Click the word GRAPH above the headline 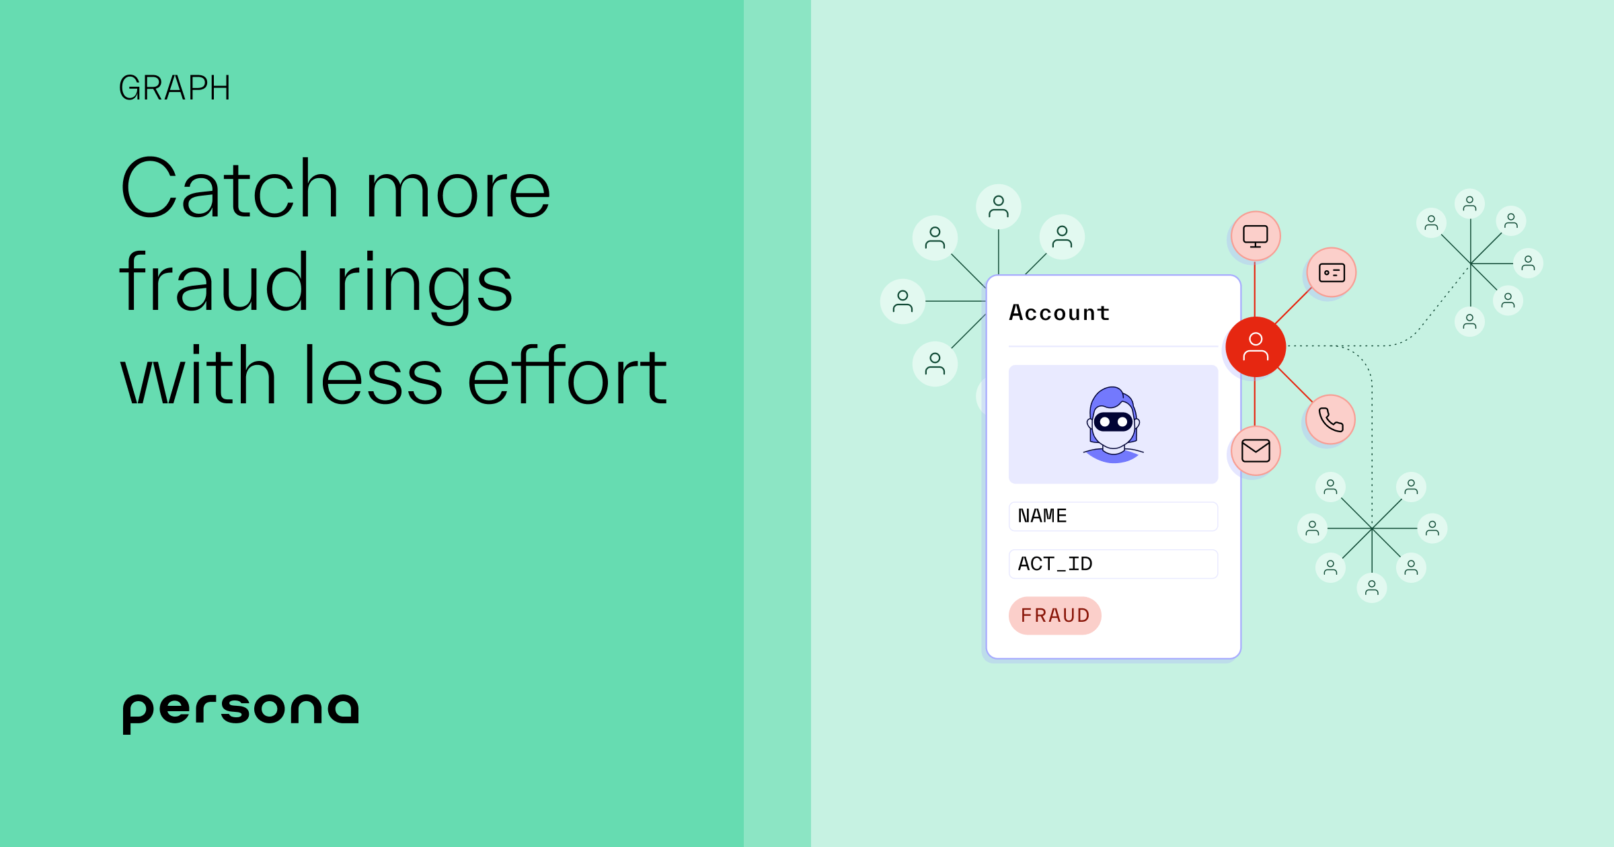pyautogui.click(x=174, y=88)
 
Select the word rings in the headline pyautogui.click(x=424, y=284)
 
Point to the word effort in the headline pyautogui.click(x=567, y=376)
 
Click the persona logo pyautogui.click(x=240, y=711)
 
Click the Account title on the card pyautogui.click(x=1059, y=313)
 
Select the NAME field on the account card pyautogui.click(x=1113, y=516)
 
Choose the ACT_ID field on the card pyautogui.click(x=1113, y=564)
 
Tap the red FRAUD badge pyautogui.click(x=1054, y=615)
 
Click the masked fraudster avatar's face pyautogui.click(x=1113, y=424)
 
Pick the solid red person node pyautogui.click(x=1256, y=347)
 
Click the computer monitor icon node pyautogui.click(x=1256, y=236)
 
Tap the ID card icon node pyautogui.click(x=1332, y=272)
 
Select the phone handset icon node pyautogui.click(x=1330, y=419)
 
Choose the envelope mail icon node pyautogui.click(x=1256, y=450)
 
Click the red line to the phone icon pyautogui.click(x=1295, y=385)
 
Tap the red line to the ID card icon pyautogui.click(x=1293, y=307)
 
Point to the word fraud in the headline pyautogui.click(x=214, y=284)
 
